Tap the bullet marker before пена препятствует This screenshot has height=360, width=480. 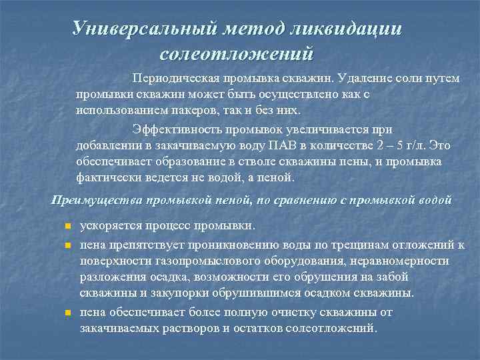pos(67,246)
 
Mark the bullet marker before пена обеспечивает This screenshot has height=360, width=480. pos(67,313)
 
